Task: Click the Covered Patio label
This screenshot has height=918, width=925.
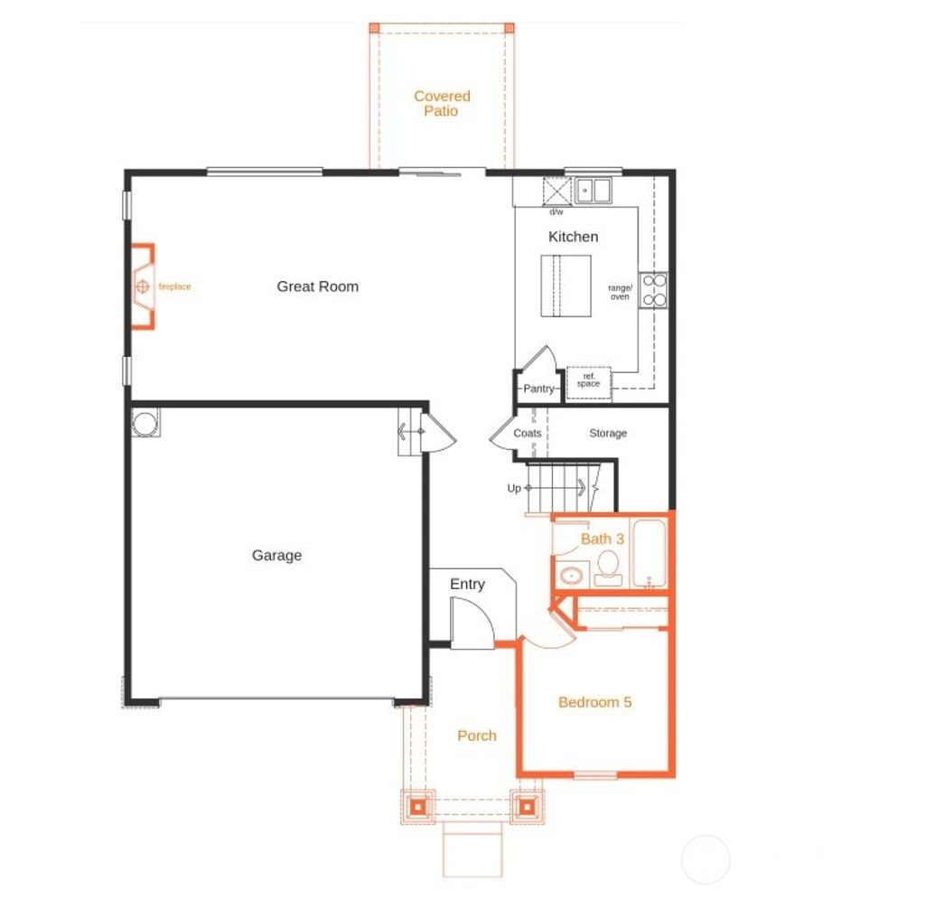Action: pos(442,103)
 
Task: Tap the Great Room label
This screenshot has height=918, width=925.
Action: pos(317,286)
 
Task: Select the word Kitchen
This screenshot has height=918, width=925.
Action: pos(573,237)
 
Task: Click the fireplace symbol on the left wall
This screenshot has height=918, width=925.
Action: pos(142,286)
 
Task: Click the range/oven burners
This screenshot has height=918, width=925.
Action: pos(653,290)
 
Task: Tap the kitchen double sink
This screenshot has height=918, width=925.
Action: pos(593,191)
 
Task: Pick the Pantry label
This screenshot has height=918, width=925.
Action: pos(537,389)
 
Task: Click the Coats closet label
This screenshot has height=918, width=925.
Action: pos(528,434)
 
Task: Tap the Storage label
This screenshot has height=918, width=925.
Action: pos(608,434)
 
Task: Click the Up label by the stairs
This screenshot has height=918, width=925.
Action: pos(514,489)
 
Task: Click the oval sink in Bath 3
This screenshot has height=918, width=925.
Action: pos(570,575)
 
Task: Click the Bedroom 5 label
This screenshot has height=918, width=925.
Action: pos(594,702)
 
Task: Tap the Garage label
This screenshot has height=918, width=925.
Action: pos(276,556)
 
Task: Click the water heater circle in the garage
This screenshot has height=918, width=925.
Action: pos(145,423)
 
